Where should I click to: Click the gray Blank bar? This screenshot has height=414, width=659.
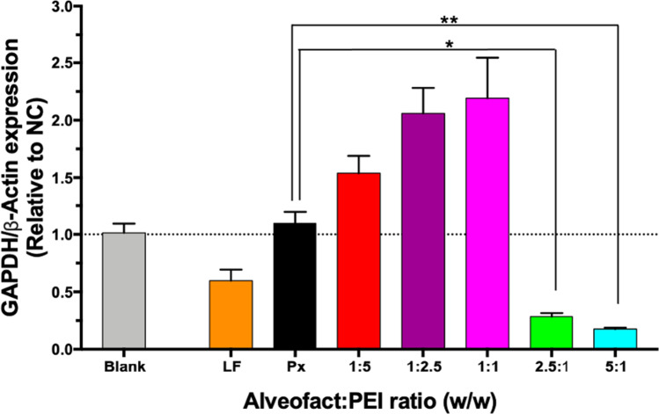coord(124,291)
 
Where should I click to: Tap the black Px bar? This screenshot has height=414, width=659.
coord(296,287)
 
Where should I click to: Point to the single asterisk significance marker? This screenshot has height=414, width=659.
coord(450,45)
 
